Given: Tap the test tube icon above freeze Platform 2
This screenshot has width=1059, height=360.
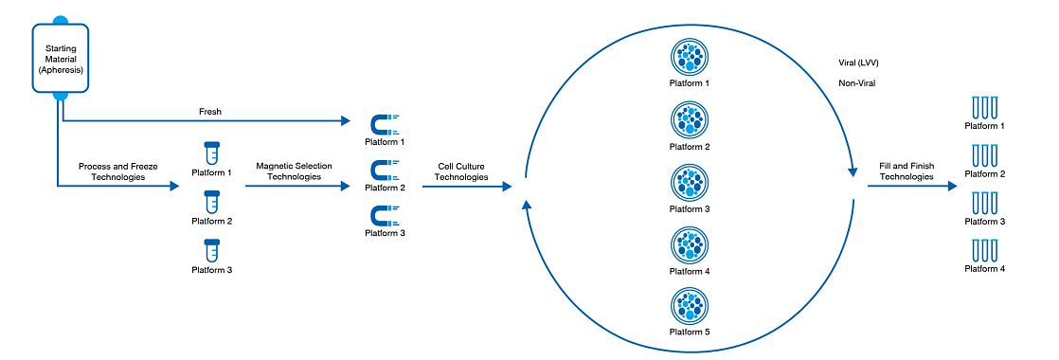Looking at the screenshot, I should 211,202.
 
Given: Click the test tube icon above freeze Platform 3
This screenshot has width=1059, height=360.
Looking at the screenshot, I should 211,251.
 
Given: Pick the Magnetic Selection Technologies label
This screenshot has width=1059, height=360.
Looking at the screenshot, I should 294,171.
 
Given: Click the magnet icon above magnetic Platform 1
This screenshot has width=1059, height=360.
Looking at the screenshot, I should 384,124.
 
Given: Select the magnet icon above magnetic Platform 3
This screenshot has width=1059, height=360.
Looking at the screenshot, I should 384,215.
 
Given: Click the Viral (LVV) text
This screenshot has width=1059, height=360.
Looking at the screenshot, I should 859,63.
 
